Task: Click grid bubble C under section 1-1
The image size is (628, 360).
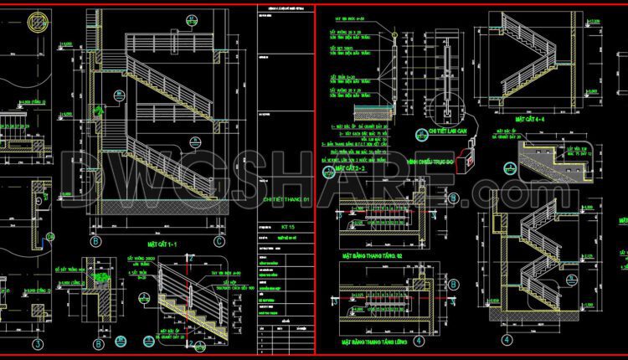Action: pos(219,242)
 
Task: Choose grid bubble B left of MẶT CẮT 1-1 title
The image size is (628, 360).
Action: pos(95,242)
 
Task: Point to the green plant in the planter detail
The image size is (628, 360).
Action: pos(102,275)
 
